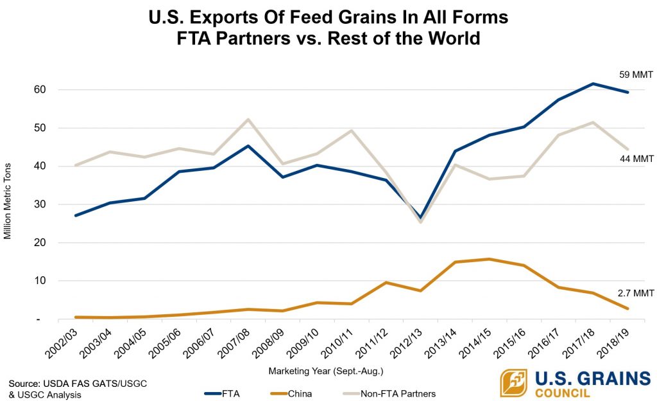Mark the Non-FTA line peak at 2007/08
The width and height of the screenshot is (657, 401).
[x=248, y=120]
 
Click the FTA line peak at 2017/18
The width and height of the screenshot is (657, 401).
[x=593, y=84]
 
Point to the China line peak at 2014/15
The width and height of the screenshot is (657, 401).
[x=490, y=259]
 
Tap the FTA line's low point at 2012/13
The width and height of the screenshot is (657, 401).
[x=421, y=218]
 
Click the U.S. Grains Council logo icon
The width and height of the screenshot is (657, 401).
[x=513, y=383]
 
